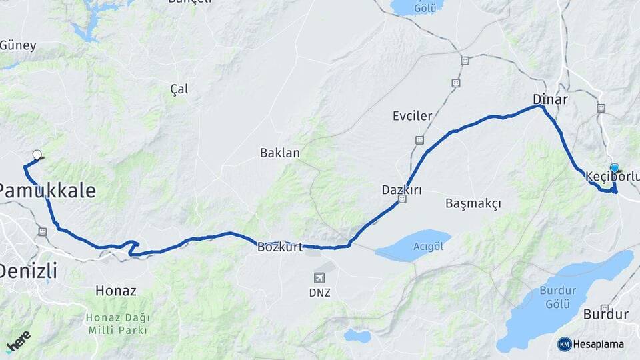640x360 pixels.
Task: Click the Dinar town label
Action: pos(550,99)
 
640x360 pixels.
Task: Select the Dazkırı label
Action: pos(401,189)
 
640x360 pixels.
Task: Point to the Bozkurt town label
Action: pos(280,247)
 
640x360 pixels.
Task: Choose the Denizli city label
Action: pos(28,271)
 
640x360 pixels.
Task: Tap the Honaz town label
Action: pos(116,291)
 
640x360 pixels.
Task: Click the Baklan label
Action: pos(280,153)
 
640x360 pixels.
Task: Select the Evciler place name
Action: pos(412,116)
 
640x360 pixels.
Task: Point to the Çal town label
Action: pos(179,89)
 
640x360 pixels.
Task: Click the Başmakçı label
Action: pos(473,203)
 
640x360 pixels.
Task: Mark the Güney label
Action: pos(18,46)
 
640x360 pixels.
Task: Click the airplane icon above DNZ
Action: pos(319,277)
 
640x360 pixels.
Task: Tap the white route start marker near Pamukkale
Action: pos(37,155)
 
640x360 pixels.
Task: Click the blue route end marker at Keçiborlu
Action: pos(614,168)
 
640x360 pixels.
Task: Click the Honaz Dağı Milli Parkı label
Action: pos(117,323)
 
